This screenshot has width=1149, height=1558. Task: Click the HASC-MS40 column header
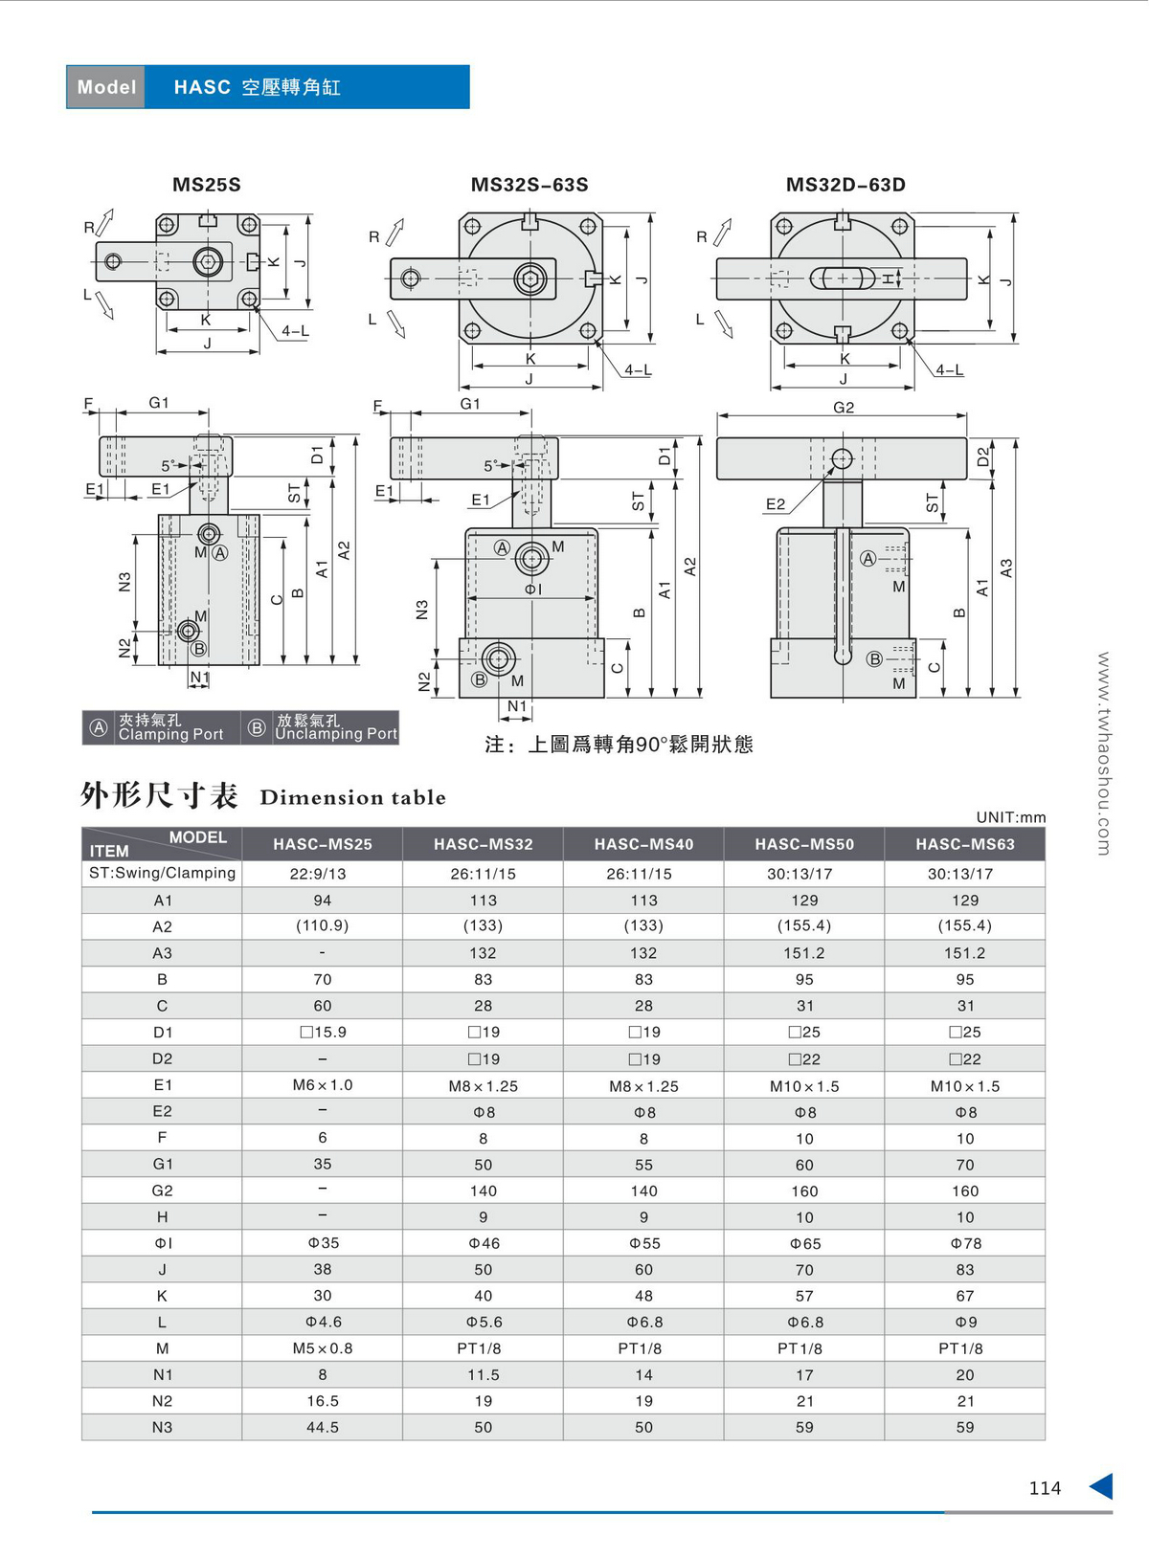click(643, 844)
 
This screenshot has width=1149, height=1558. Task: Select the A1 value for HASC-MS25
click(323, 901)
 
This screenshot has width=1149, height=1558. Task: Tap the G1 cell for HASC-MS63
click(964, 1165)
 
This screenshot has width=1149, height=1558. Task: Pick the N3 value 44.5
click(323, 1427)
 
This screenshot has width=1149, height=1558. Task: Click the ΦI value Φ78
click(965, 1243)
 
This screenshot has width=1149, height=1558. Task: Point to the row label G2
click(162, 1191)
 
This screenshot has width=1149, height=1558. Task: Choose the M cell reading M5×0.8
click(323, 1348)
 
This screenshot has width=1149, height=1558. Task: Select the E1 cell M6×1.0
click(323, 1085)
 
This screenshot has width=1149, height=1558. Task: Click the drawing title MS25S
click(207, 185)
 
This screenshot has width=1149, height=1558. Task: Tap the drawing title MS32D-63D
click(845, 185)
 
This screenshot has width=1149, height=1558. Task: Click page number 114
click(1045, 1488)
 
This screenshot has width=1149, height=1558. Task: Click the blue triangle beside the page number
click(1101, 1486)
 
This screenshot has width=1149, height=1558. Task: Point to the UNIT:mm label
click(1010, 817)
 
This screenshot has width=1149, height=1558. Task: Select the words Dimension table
click(352, 797)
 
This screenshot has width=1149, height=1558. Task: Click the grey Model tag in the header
click(106, 87)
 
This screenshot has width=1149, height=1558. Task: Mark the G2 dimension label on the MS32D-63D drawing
click(843, 408)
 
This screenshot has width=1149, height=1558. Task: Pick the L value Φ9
click(965, 1323)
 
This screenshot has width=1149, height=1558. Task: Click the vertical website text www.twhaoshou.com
click(1103, 753)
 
